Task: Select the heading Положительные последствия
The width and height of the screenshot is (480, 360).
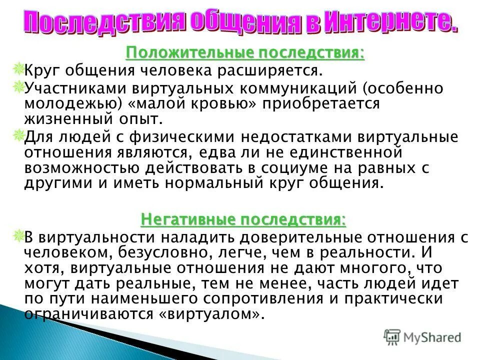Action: [x=244, y=52]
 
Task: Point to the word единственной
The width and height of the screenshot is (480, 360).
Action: [x=340, y=152]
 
